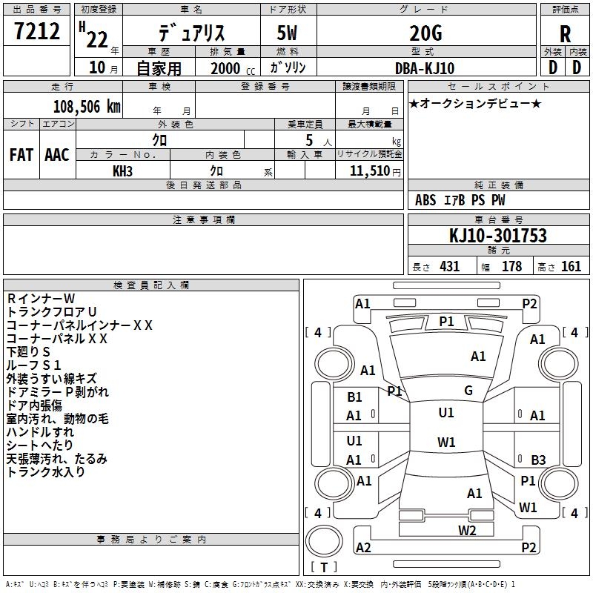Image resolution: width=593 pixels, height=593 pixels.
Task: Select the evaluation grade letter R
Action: pyautogui.click(x=565, y=33)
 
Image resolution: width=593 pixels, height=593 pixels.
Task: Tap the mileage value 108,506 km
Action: pyautogui.click(x=86, y=106)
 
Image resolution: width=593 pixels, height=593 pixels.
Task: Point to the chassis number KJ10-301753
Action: pyautogui.click(x=498, y=236)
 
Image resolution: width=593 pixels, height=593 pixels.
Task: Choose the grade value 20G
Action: pyautogui.click(x=425, y=33)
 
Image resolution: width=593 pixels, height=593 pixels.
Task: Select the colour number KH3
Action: pyautogui.click(x=122, y=170)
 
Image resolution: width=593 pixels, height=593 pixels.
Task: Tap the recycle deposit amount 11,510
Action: pyautogui.click(x=368, y=170)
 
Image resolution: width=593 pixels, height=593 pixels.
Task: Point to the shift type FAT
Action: pyautogui.click(x=21, y=155)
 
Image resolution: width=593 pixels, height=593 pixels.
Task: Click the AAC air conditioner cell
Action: pyautogui.click(x=57, y=155)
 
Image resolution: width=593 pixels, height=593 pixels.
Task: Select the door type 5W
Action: pyautogui.click(x=288, y=33)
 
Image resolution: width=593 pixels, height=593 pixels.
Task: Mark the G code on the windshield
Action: pyautogui.click(x=468, y=390)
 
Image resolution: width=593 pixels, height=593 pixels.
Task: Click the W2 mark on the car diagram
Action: pyautogui.click(x=467, y=529)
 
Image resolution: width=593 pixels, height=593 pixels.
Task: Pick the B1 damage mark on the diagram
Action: pyautogui.click(x=354, y=397)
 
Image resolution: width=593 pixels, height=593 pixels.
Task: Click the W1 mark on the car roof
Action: pyautogui.click(x=446, y=443)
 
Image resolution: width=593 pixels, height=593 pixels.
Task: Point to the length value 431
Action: pyautogui.click(x=449, y=267)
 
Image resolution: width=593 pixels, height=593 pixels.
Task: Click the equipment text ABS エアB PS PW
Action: pyautogui.click(x=460, y=200)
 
